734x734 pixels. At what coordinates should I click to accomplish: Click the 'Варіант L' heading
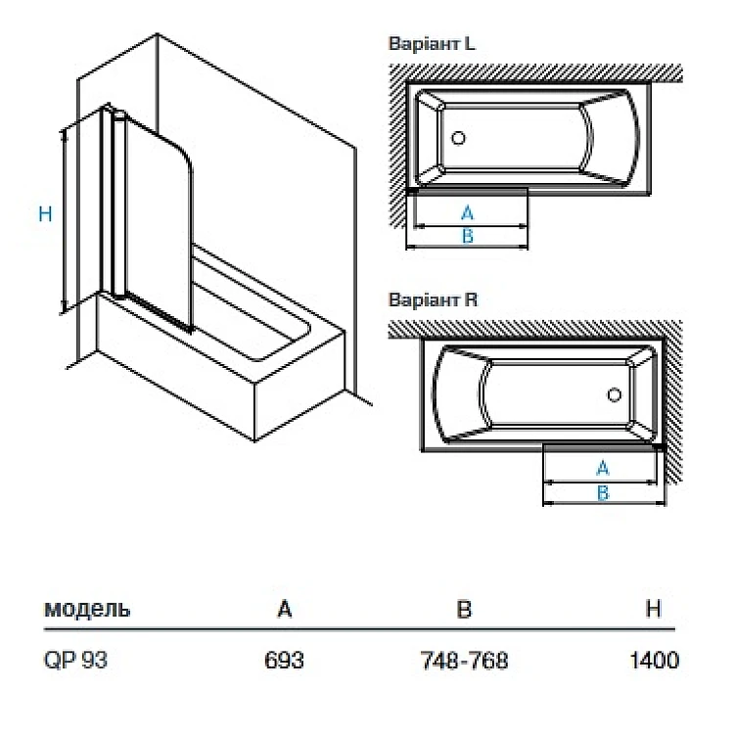point(433,45)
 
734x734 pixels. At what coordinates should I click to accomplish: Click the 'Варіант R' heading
point(433,300)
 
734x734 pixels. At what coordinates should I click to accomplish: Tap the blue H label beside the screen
point(45,214)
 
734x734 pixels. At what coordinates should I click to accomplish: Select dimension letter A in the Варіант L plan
point(467,212)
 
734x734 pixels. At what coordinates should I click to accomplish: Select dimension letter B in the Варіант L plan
point(467,236)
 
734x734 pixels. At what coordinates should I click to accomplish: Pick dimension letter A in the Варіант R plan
point(603,468)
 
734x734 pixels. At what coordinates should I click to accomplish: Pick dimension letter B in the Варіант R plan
point(603,492)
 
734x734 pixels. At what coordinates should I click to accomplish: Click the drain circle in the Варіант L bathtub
point(458,138)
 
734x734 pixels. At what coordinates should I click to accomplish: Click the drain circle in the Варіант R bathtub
point(615,395)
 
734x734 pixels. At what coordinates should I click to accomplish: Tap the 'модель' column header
point(87,609)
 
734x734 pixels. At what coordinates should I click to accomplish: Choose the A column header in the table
point(285,609)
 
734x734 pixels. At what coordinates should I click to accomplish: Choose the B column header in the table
point(465,609)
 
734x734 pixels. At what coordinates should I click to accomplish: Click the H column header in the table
point(654,609)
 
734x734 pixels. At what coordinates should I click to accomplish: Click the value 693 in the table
point(285,661)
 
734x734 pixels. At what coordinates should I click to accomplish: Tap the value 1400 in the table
point(654,661)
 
